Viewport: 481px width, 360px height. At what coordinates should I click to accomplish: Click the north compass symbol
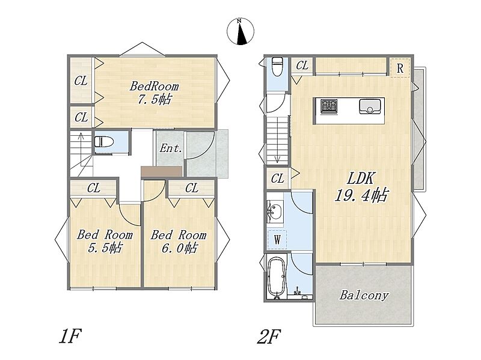240,31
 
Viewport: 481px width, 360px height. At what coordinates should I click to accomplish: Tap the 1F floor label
70,336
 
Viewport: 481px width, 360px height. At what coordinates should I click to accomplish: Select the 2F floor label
269,337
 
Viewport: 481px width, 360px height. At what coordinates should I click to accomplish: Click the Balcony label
364,295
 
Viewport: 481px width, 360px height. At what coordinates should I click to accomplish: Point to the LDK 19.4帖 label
361,187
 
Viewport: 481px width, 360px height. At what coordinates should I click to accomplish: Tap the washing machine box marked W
277,239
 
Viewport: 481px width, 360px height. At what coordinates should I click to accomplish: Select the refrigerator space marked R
400,68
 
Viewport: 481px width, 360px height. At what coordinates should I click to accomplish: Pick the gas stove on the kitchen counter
329,106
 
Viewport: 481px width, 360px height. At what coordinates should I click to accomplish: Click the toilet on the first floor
103,142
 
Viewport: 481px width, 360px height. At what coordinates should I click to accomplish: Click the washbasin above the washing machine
275,212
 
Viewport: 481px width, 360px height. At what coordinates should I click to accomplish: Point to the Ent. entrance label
171,148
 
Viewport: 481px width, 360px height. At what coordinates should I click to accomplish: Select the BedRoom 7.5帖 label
154,93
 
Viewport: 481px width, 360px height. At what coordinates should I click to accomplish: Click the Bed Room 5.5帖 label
105,241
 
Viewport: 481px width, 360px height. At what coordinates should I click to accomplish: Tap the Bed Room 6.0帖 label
179,241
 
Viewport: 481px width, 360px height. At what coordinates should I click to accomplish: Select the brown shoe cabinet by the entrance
162,171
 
